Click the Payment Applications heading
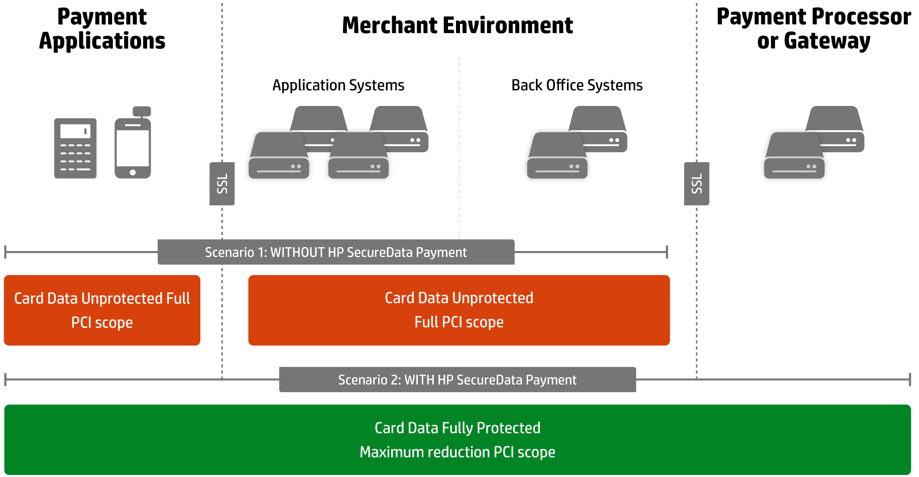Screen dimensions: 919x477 [102, 29]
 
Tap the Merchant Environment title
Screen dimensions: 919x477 [457, 25]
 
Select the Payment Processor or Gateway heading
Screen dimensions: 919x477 [814, 29]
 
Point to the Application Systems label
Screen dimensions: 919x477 [338, 85]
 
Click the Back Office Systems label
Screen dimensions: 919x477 [577, 85]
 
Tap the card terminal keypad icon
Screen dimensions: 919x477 [75, 148]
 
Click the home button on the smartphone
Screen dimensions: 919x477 [133, 172]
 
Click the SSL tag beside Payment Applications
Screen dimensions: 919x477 [222, 184]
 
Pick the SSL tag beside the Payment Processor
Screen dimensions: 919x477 [697, 184]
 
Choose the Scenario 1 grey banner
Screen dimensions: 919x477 [336, 252]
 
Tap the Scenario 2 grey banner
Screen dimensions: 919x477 [457, 380]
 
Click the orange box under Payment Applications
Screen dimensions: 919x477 [102, 310]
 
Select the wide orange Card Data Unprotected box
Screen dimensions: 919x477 [459, 310]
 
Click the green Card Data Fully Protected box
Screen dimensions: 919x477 [457, 440]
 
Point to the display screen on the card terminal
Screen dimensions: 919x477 [75, 131]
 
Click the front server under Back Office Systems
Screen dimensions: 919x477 [557, 156]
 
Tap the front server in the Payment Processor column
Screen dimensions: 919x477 [794, 156]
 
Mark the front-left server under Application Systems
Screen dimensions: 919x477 [279, 156]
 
